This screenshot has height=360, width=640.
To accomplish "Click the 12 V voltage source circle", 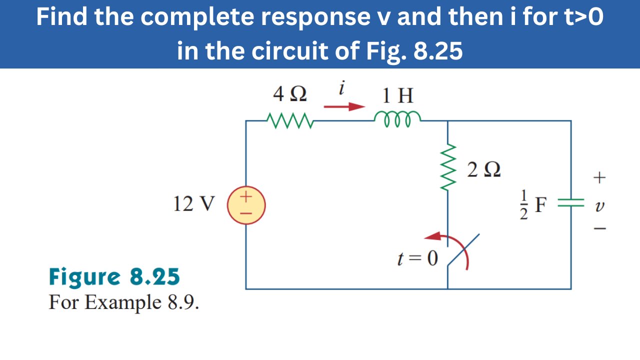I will click(246, 205).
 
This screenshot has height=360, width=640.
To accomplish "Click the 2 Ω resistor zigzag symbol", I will click(448, 167).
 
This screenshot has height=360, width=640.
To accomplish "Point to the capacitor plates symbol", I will click(570, 202).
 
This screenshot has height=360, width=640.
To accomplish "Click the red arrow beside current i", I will click(344, 106).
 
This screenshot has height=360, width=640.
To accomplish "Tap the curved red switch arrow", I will click(452, 247).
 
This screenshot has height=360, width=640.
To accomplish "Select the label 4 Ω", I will click(290, 94).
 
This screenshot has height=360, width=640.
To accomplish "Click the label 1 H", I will click(398, 95).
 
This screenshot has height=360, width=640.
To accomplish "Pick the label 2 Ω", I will click(484, 170).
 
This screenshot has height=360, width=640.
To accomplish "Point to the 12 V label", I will click(194, 204).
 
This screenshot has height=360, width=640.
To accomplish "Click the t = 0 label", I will click(417, 258).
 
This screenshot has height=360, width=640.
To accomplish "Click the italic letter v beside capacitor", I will click(600, 205).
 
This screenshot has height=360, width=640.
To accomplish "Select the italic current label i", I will click(342, 88).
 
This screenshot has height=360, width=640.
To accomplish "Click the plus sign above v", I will click(599, 177).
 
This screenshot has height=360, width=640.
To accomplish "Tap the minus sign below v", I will click(600, 229).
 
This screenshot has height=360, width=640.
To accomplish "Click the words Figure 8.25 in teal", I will click(114, 276).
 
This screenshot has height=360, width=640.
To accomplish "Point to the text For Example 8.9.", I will click(123, 302).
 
